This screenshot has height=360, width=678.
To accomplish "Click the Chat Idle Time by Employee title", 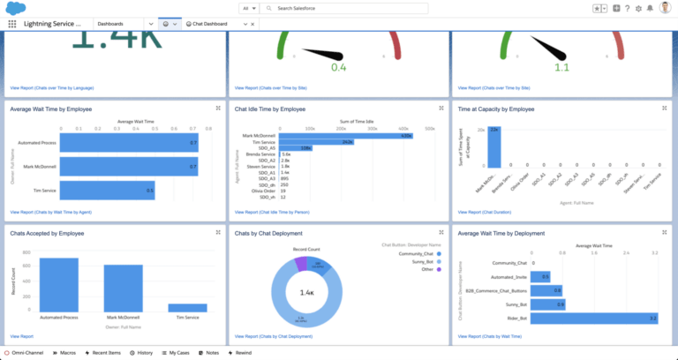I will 269,109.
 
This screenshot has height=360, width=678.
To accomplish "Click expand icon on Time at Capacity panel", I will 665,109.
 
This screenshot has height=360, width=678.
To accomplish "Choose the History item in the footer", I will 141,352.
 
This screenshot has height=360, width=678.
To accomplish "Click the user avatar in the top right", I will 664,8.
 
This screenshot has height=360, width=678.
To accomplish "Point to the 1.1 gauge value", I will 561,66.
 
